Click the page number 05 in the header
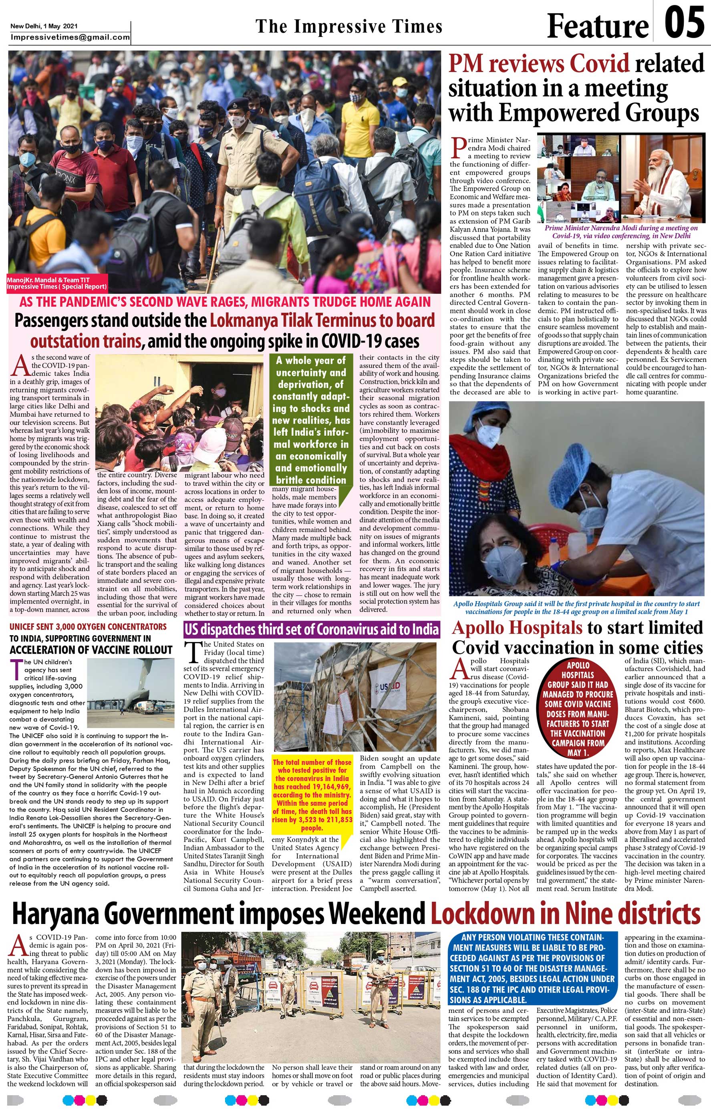coord(684,24)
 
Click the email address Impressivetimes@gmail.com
coord(70,37)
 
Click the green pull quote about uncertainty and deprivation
coord(311,420)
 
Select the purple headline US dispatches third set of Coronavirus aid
coord(311,629)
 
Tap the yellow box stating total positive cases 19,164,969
coord(312,794)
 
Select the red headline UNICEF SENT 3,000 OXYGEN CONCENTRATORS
coord(88,626)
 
